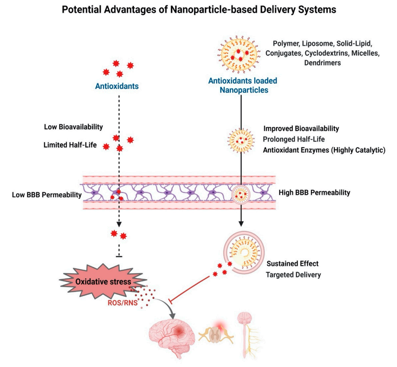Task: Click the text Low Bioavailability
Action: (x=74, y=127)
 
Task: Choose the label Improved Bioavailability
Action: (x=301, y=129)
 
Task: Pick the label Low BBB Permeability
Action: (x=47, y=195)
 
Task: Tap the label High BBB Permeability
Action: (x=315, y=192)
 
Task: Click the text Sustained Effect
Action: (x=292, y=264)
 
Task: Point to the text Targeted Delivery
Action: (x=293, y=275)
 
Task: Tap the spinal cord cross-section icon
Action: (x=216, y=332)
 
